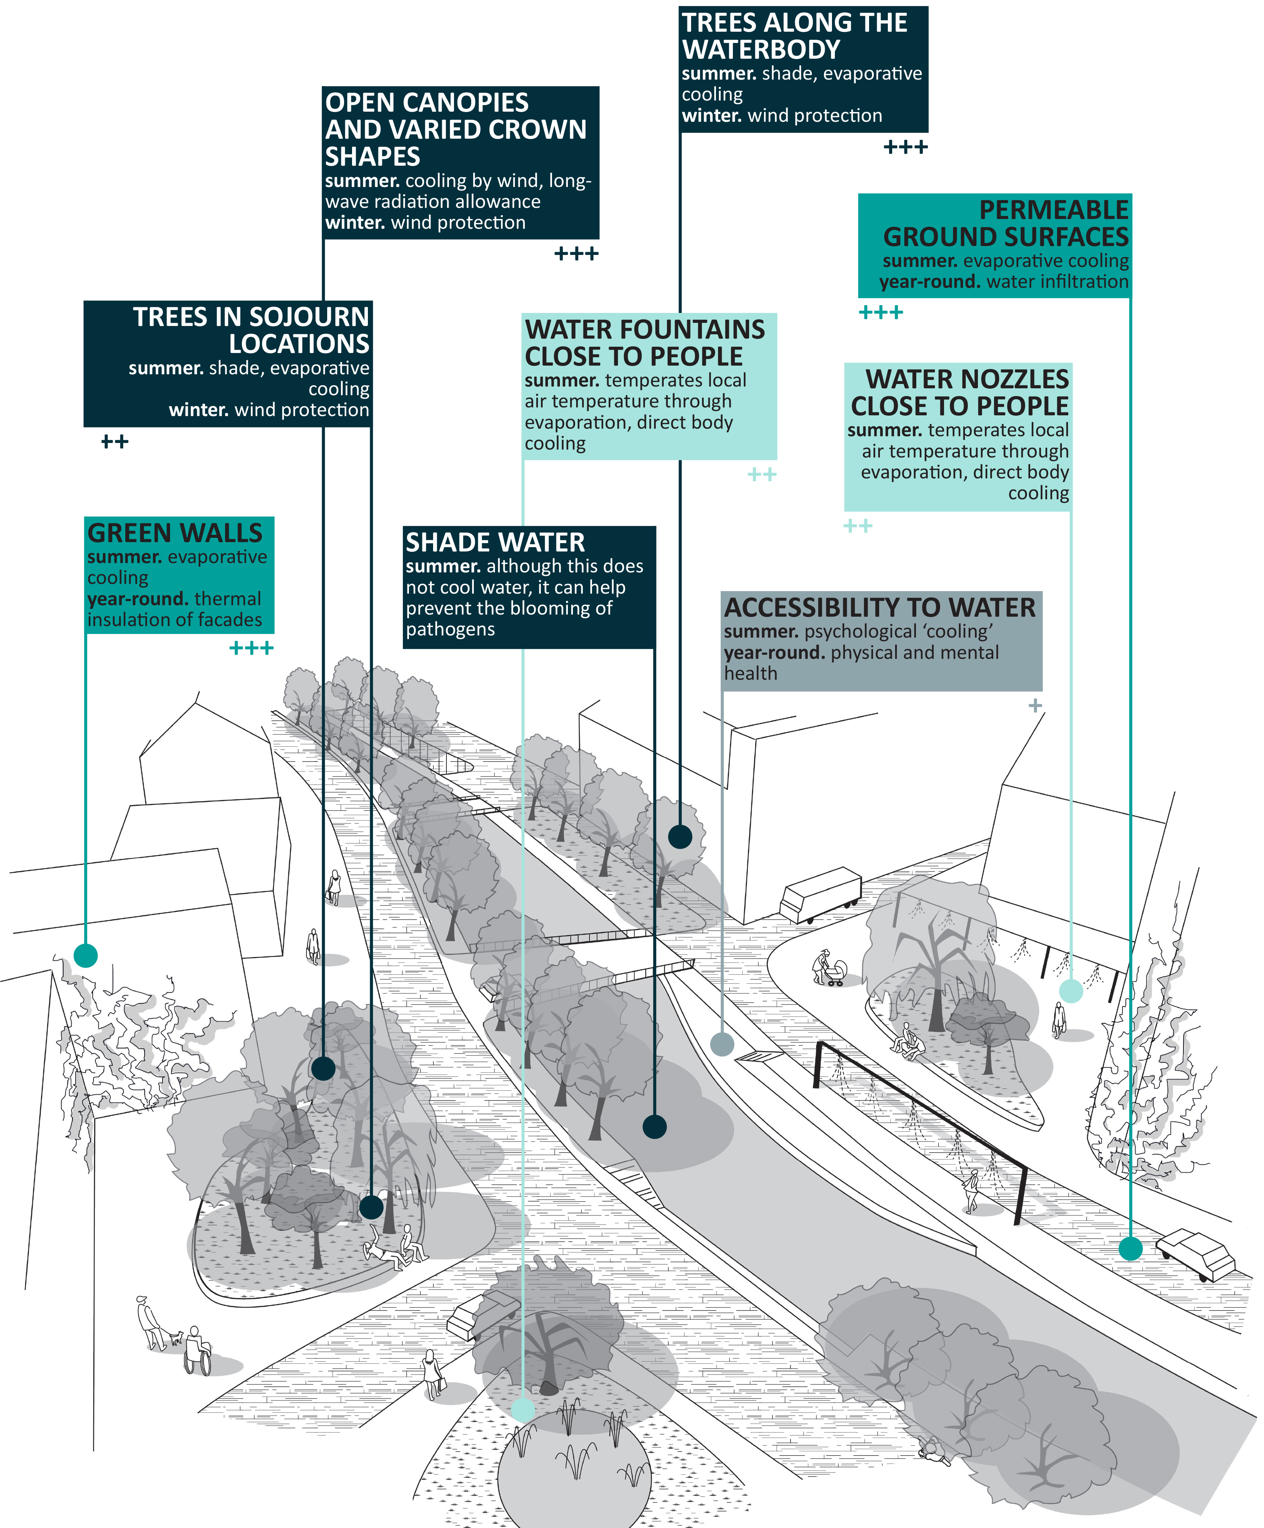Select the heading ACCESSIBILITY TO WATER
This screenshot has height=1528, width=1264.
pos(879,608)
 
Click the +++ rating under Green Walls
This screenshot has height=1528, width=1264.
pos(251,648)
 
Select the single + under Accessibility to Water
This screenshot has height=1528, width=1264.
pos(1035,705)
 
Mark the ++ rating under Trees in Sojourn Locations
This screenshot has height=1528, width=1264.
pos(114,442)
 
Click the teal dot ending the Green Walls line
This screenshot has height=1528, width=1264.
pos(86,955)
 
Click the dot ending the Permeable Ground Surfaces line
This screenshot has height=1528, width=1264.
pos(1130,1248)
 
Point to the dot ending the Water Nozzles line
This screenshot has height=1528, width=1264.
pos(1071,990)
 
